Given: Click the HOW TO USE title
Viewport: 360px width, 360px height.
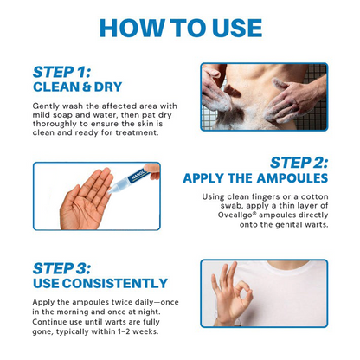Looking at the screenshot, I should (x=180, y=27).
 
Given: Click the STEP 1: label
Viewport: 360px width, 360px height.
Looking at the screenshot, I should (x=63, y=72).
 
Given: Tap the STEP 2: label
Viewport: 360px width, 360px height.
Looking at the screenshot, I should (x=299, y=163).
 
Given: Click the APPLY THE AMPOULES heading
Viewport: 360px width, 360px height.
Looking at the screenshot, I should (x=255, y=178).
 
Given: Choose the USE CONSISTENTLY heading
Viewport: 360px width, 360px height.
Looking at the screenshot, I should (x=100, y=283).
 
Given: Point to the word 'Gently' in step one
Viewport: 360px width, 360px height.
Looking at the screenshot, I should (x=48, y=105).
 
